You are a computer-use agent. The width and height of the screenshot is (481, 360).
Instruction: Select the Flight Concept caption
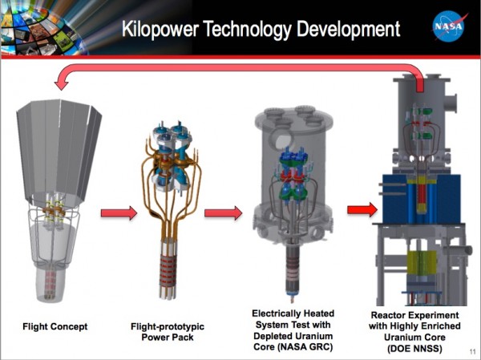[55, 326]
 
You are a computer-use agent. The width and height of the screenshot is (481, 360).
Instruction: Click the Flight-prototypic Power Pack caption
[167, 331]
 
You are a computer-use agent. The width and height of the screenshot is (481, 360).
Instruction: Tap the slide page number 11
[469, 351]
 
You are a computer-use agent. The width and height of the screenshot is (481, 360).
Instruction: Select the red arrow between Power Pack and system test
[222, 212]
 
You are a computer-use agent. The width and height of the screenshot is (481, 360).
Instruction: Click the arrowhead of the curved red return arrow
[56, 79]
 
